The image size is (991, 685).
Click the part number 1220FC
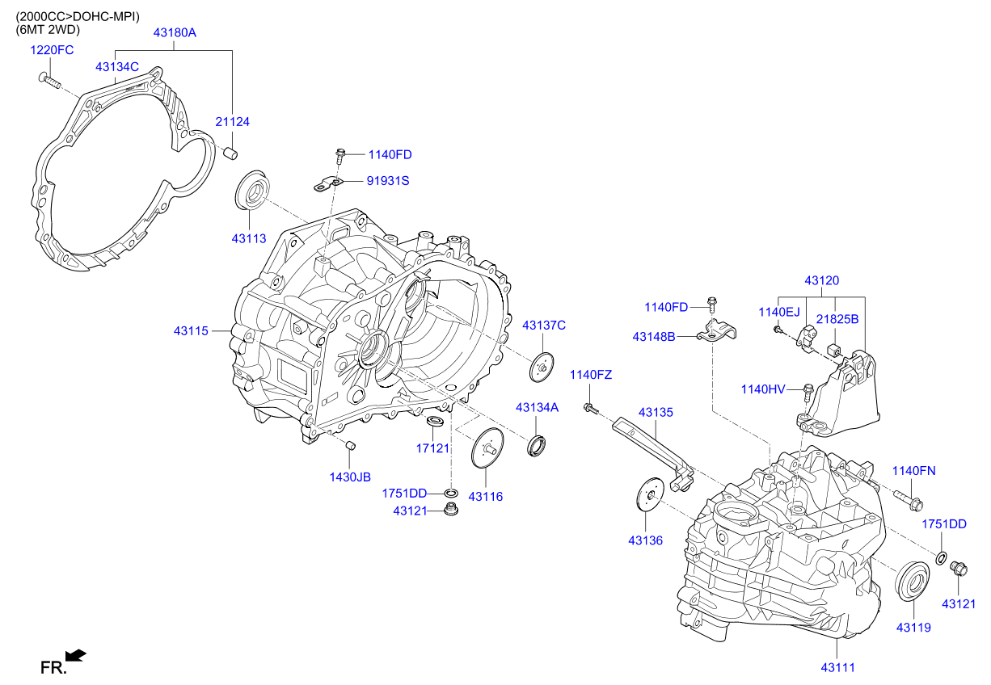point(52,50)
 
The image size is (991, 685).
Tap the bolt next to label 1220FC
point(49,80)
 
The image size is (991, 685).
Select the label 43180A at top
point(175,33)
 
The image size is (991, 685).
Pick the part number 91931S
point(388,181)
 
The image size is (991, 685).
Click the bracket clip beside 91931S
point(329,185)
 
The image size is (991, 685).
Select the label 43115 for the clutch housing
point(191,331)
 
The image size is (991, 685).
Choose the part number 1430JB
point(349,477)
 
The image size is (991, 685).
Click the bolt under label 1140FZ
point(591,410)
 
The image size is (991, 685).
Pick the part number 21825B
point(837,319)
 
